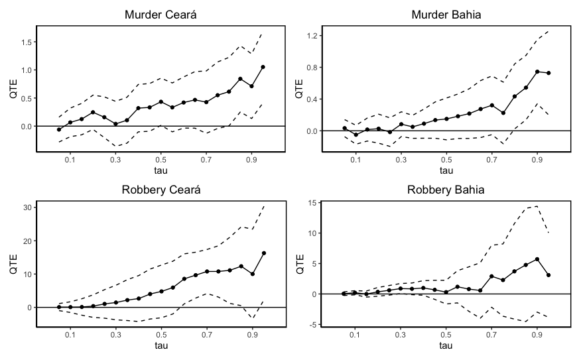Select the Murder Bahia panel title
[x=446, y=15]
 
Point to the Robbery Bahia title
[x=446, y=190]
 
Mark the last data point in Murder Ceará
[x=263, y=67]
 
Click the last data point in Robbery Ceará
[x=263, y=253]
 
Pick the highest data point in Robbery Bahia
[x=537, y=259]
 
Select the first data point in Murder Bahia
[x=344, y=128]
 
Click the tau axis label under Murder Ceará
[x=161, y=171]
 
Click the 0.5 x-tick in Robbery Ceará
[x=161, y=336]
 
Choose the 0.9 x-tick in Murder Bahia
[x=537, y=160]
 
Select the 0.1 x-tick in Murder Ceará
[x=70, y=160]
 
